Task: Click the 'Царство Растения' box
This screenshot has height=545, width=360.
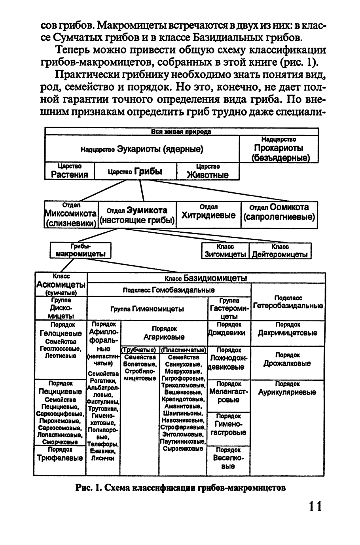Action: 70,171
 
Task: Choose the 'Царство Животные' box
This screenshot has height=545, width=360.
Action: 208,171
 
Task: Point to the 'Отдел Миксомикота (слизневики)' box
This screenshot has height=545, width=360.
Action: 71,215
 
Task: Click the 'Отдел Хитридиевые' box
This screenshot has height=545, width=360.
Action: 208,215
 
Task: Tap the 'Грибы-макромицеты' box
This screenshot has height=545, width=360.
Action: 81,251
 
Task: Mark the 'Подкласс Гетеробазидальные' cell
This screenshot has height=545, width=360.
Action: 288,302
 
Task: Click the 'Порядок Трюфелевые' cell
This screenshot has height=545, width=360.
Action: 60,455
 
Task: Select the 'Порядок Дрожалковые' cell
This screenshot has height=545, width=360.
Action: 288,360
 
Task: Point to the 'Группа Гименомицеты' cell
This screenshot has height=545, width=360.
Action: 147,309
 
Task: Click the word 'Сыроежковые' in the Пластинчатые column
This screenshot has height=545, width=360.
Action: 183,449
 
